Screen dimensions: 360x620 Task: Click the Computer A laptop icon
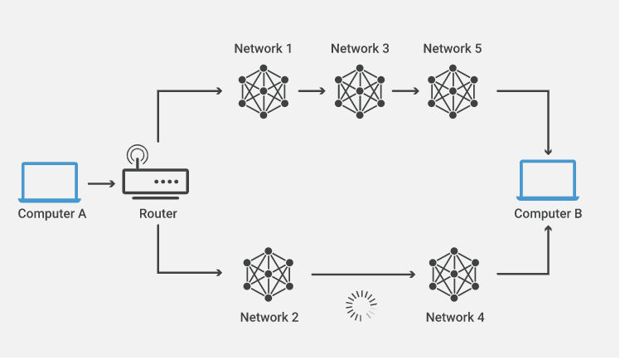pyautogui.click(x=50, y=182)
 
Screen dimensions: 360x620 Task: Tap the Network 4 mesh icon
pyautogui.click(x=454, y=274)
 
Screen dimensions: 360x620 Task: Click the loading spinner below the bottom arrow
pyautogui.click(x=361, y=306)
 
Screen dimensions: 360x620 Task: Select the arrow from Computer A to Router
pyautogui.click(x=100, y=182)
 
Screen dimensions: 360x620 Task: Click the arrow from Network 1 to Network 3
pyautogui.click(x=312, y=90)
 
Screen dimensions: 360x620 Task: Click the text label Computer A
pyautogui.click(x=51, y=214)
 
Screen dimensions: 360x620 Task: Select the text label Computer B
pyautogui.click(x=548, y=213)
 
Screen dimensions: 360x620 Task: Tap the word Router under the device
pyautogui.click(x=157, y=214)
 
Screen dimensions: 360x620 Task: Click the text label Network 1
pyautogui.click(x=263, y=48)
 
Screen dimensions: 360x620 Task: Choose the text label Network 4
pyautogui.click(x=455, y=317)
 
